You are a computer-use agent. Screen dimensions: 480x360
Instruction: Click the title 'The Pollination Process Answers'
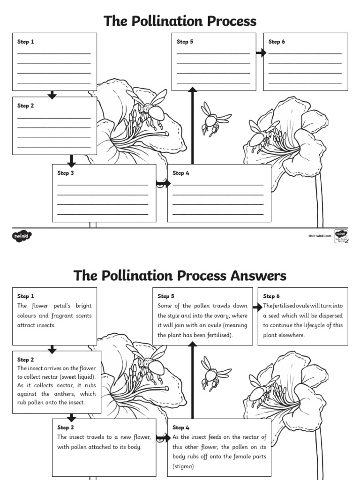click(180, 276)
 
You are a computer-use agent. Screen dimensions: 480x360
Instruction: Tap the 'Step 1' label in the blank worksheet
click(26, 42)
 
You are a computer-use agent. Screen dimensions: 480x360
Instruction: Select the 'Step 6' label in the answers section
click(271, 296)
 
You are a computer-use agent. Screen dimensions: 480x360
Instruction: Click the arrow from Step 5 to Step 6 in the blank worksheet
click(261, 53)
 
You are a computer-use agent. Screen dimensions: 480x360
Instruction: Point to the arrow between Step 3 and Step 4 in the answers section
click(163, 438)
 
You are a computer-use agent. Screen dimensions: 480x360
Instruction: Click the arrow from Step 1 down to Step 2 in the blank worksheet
click(52, 95)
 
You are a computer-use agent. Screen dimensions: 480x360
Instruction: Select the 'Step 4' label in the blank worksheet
click(180, 173)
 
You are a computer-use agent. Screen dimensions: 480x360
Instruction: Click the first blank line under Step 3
click(103, 185)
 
